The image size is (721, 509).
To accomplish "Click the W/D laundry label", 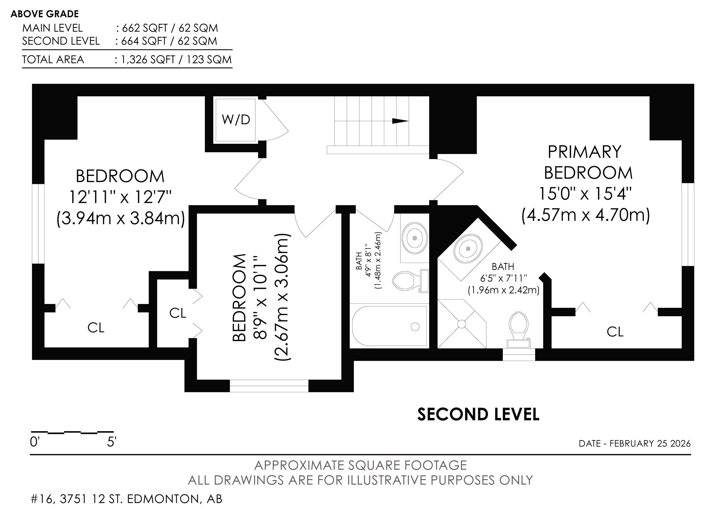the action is coord(236,120).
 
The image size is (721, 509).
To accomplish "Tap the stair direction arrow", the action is coord(400,121).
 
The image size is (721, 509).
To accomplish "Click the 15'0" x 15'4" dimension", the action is coord(585,193).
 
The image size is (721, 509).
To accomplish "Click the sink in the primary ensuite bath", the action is coord(468,249).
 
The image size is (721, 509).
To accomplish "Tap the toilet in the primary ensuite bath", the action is coord(519,330).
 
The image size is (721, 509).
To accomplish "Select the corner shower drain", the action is coord(462,324).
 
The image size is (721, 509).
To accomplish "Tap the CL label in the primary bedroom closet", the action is coord(615,332).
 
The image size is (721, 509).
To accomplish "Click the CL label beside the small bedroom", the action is coord(178,313).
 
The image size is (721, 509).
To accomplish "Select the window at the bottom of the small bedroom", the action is coord(269,386).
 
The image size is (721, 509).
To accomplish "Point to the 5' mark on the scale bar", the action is coord(111,442).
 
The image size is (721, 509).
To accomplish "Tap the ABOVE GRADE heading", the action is coord(45,14).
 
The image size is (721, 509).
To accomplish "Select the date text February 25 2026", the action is coord(650,443).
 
